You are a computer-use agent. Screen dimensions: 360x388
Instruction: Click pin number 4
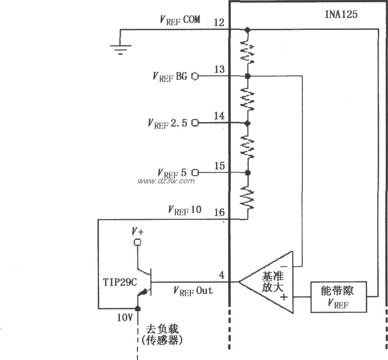point(222,275)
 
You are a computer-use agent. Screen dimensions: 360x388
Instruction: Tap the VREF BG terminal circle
point(195,76)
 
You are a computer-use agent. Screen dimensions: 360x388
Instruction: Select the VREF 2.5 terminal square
point(195,123)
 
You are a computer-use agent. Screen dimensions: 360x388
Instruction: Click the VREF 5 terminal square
point(195,172)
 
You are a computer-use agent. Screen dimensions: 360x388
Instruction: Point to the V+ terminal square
point(136,242)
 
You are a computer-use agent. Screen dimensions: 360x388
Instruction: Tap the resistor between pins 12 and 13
point(248,52)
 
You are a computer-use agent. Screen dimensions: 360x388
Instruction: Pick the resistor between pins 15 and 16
point(248,196)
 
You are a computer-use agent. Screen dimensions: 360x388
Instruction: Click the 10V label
point(125,318)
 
